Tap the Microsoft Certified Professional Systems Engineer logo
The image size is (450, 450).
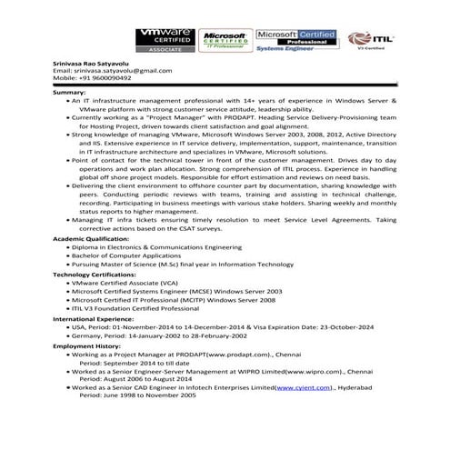point(295,40)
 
